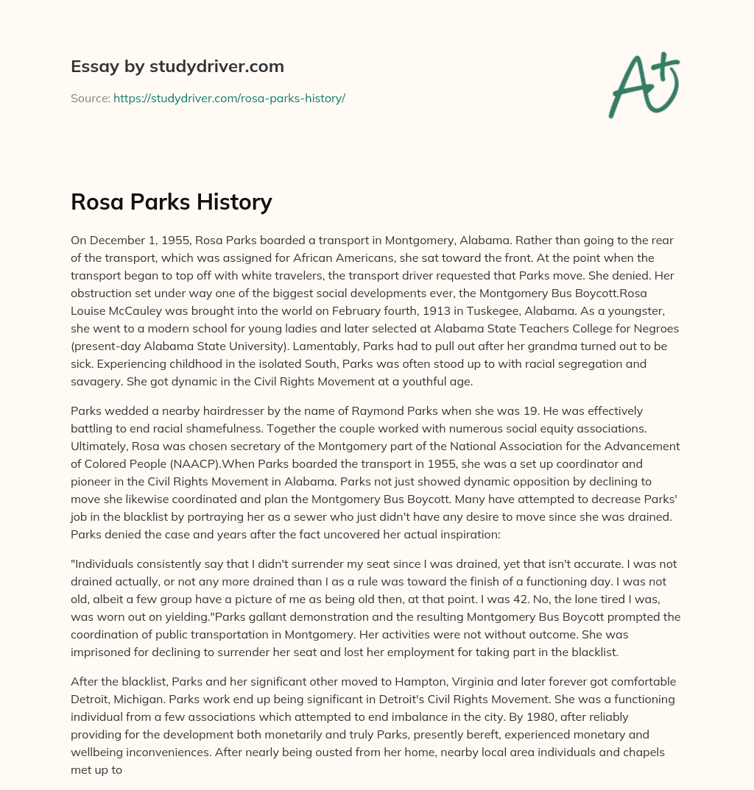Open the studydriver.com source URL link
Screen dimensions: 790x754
point(229,98)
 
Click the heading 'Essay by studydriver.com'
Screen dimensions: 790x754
point(177,66)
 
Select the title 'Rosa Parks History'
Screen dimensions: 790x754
point(172,201)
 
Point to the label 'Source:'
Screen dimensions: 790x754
point(90,98)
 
